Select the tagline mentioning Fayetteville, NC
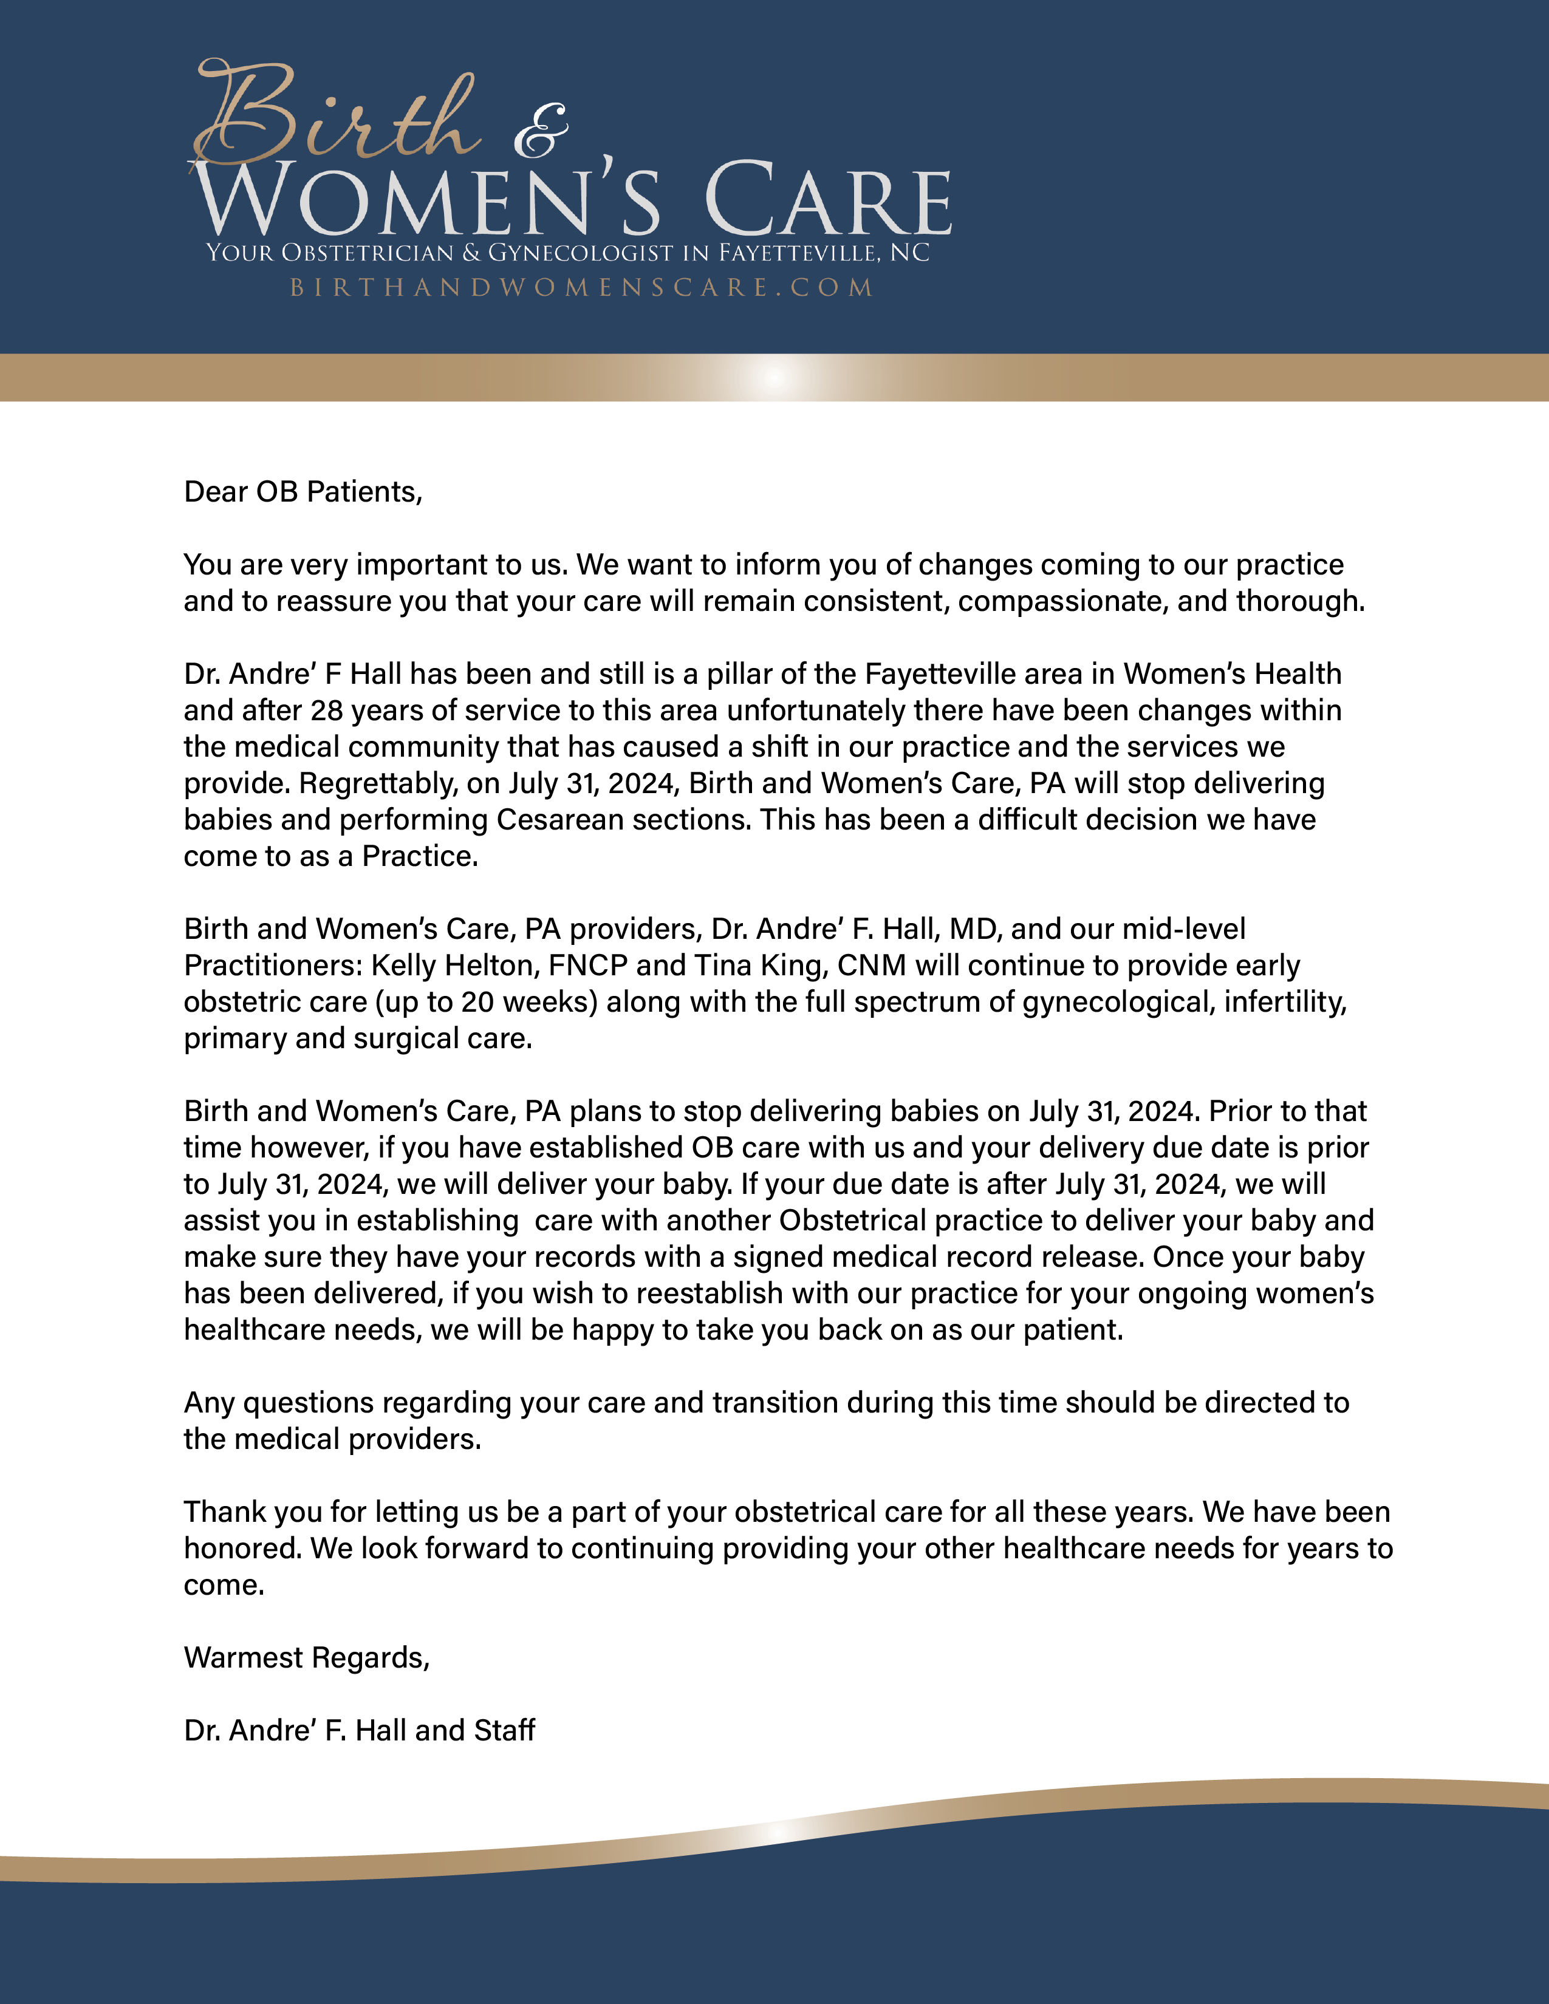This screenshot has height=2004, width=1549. coord(567,253)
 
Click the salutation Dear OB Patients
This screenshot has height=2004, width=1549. coord(303,492)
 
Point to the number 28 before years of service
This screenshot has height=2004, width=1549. coord(327,711)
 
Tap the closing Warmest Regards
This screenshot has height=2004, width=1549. coord(307,1658)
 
